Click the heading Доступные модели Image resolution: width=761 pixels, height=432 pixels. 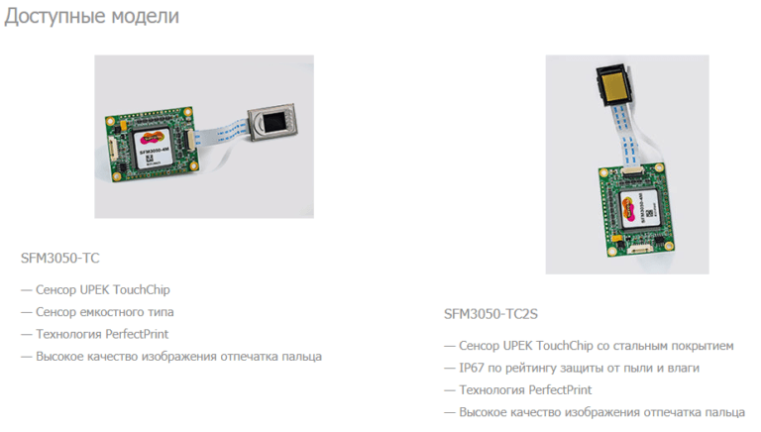(x=92, y=16)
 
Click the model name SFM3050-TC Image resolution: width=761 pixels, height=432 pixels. (x=59, y=258)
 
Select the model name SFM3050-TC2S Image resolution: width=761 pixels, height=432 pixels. (x=490, y=314)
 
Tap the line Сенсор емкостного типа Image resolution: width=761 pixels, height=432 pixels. (x=104, y=312)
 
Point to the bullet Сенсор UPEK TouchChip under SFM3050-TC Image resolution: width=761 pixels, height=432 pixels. (x=102, y=289)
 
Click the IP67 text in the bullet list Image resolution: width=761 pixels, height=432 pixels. (x=472, y=368)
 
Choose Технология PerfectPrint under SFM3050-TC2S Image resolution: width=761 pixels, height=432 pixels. (x=525, y=389)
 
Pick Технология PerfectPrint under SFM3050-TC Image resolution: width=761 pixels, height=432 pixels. (x=102, y=334)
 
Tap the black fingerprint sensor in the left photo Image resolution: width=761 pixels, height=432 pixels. (x=272, y=122)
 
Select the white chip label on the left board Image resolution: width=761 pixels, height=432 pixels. (x=152, y=148)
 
